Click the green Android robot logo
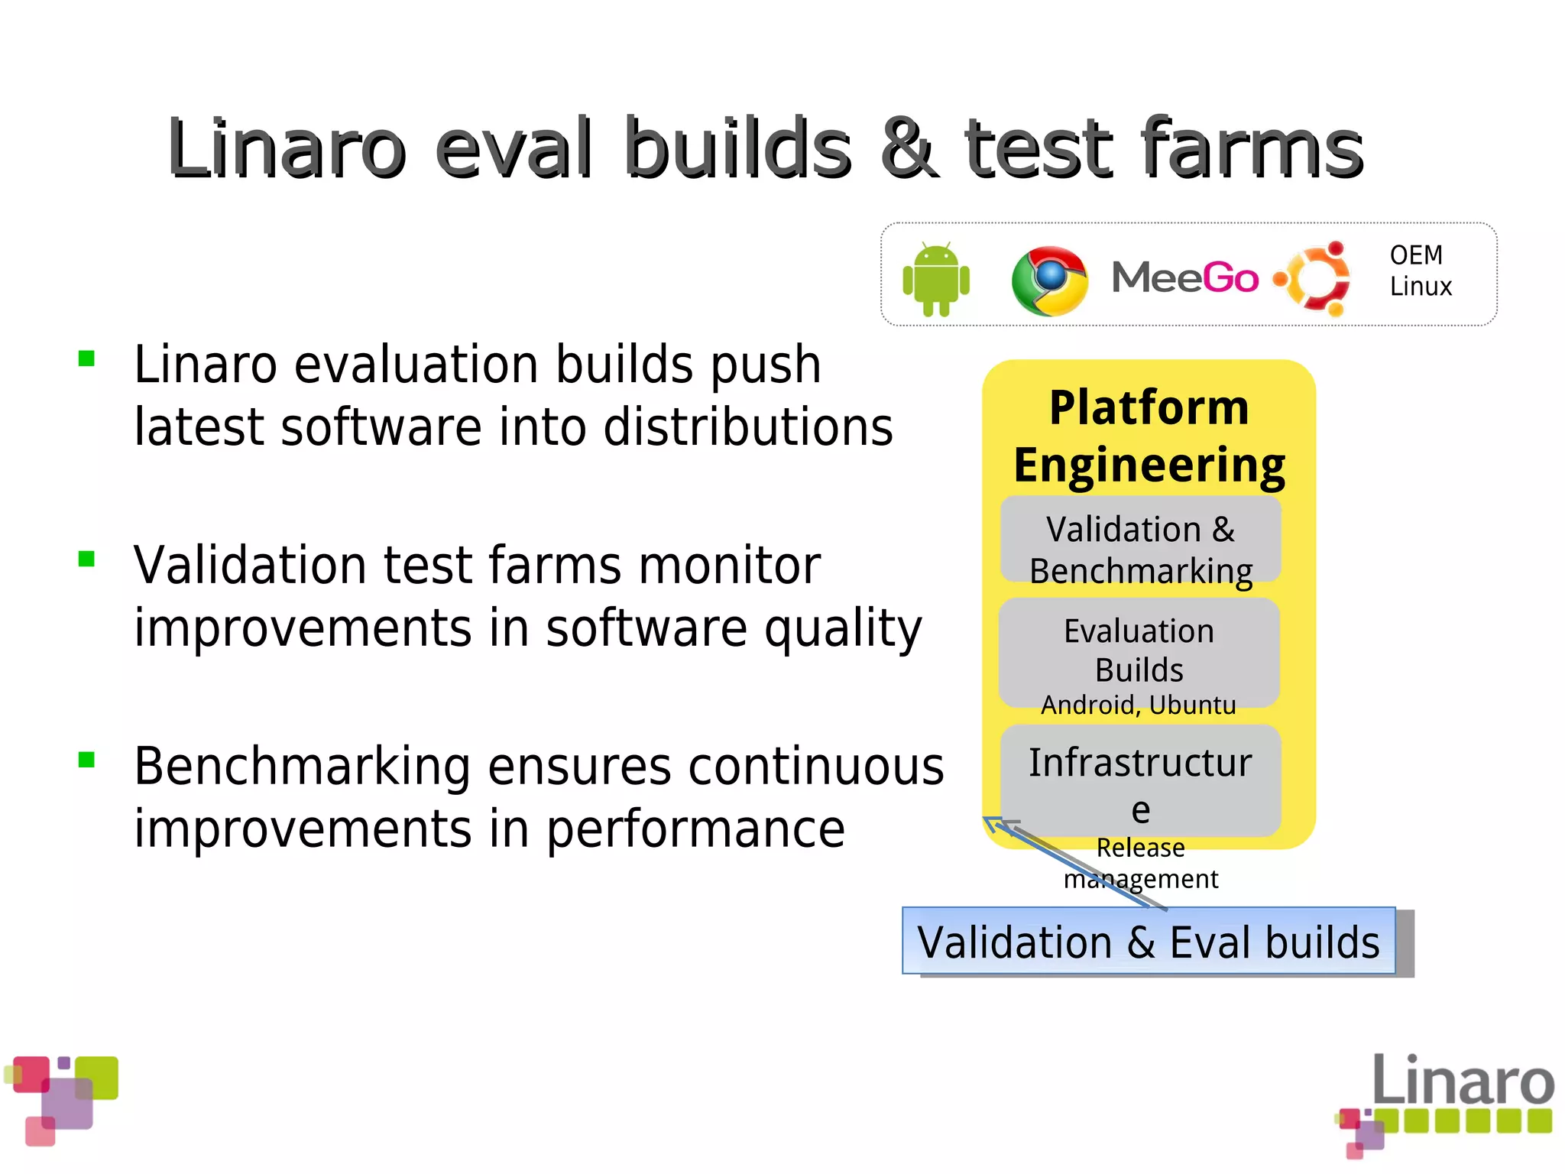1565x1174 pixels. coord(935,279)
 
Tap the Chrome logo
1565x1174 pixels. coord(1049,281)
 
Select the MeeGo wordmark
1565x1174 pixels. coord(1184,277)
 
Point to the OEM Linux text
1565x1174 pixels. coord(1419,271)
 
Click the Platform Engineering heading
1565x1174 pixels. coord(1149,436)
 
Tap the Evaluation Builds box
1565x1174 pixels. coord(1139,650)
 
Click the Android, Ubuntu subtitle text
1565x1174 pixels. coord(1138,705)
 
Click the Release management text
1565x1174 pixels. coord(1140,863)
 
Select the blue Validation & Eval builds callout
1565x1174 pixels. coord(1148,941)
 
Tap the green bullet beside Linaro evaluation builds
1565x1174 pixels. coord(86,358)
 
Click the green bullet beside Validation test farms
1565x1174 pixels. coord(86,559)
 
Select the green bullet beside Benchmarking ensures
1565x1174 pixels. coord(86,760)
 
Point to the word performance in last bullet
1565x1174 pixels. coord(695,830)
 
